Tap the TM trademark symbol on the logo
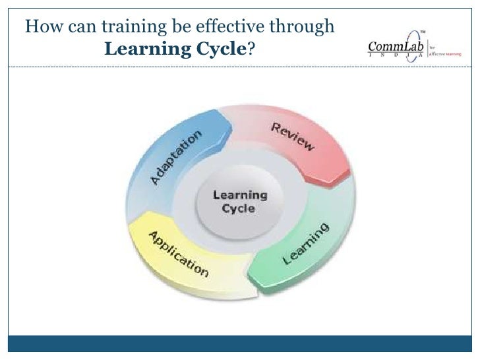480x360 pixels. (423, 31)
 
